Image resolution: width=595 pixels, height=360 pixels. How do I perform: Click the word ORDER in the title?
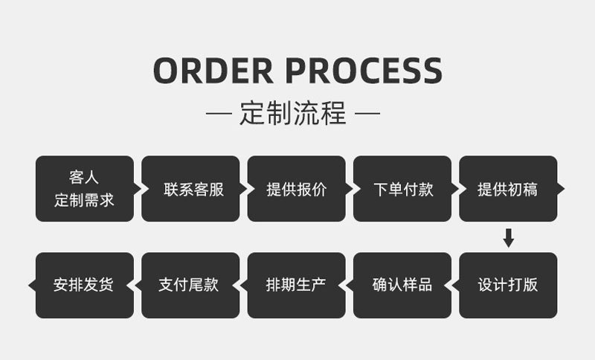[212, 71]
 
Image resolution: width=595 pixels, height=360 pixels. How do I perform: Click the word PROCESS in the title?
[364, 71]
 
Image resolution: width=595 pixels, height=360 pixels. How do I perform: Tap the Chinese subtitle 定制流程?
[293, 115]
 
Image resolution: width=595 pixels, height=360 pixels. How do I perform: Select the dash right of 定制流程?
[367, 115]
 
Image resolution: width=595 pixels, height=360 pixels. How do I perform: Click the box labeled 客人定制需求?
[84, 189]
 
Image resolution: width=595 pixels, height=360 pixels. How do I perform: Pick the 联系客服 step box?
[190, 189]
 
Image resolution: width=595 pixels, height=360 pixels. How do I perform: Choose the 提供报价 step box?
[296, 189]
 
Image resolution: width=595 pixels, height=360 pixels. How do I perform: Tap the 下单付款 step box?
[402, 189]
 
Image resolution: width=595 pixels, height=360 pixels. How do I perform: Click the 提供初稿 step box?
[508, 189]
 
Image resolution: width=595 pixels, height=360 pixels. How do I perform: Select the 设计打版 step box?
[508, 285]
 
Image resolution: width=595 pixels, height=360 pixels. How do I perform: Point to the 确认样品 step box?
[402, 285]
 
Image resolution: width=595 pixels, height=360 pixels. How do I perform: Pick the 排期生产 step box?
[296, 285]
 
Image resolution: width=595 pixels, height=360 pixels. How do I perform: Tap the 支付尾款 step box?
[190, 285]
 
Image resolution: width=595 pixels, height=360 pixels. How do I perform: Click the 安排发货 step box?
[84, 285]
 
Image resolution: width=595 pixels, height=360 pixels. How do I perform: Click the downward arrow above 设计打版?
[509, 238]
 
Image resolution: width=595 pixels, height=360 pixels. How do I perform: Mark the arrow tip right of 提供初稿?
[561, 189]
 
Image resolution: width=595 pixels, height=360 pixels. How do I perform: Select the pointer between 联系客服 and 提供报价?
[243, 189]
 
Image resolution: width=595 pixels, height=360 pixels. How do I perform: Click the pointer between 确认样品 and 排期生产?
[350, 285]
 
